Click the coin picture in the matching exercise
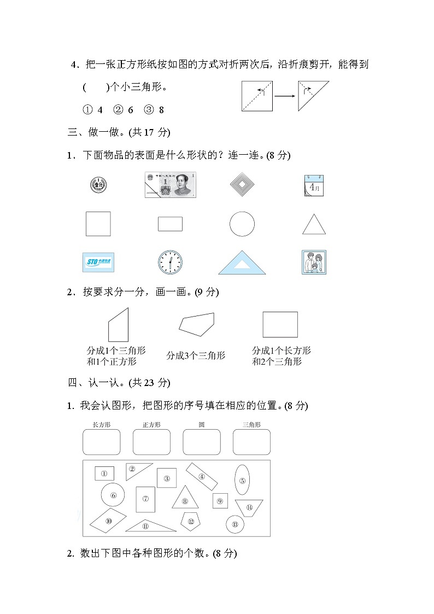tap(98, 185)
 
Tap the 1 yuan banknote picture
tap(171, 185)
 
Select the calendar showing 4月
tap(314, 185)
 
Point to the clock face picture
tap(170, 262)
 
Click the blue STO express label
tap(98, 262)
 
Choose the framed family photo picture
tap(314, 262)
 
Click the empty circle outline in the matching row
tap(242, 224)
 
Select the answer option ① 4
tap(93, 110)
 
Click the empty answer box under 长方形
tap(101, 442)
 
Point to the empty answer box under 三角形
tap(251, 442)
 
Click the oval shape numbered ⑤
tap(243, 479)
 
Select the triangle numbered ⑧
tap(185, 499)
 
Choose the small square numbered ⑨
tap(220, 500)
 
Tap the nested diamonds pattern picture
tap(242, 185)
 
